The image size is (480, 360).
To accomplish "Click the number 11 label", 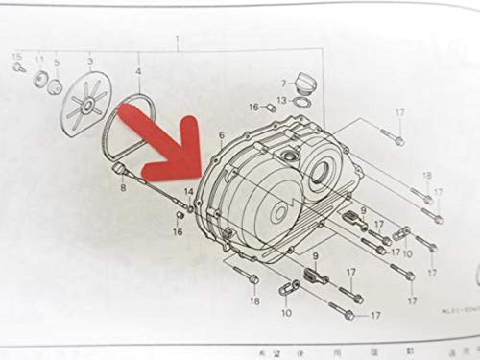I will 40,60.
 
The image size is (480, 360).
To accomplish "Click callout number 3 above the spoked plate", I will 90,60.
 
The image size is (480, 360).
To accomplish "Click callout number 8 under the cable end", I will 122,189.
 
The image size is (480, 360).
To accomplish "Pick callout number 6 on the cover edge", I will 220,137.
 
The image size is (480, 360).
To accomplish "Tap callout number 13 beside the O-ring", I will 280,100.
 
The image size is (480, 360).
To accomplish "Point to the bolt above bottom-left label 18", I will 252,279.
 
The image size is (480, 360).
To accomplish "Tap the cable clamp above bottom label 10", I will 285,287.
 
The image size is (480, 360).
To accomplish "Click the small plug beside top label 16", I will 271,108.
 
